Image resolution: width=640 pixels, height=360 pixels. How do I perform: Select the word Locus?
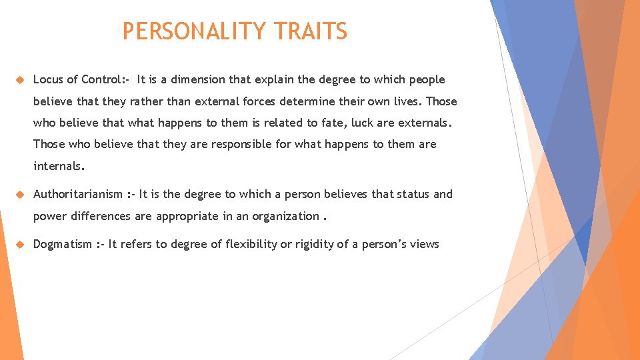tap(48, 79)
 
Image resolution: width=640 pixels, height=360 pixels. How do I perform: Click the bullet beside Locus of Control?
tap(20, 80)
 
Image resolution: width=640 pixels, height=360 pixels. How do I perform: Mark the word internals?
tap(59, 165)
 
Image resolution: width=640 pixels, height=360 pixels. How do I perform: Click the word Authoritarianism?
tap(78, 194)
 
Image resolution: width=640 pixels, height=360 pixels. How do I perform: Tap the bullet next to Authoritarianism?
tap(20, 195)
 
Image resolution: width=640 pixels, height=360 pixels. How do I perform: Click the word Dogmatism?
tap(63, 244)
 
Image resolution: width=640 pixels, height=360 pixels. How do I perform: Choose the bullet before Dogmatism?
tap(20, 245)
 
